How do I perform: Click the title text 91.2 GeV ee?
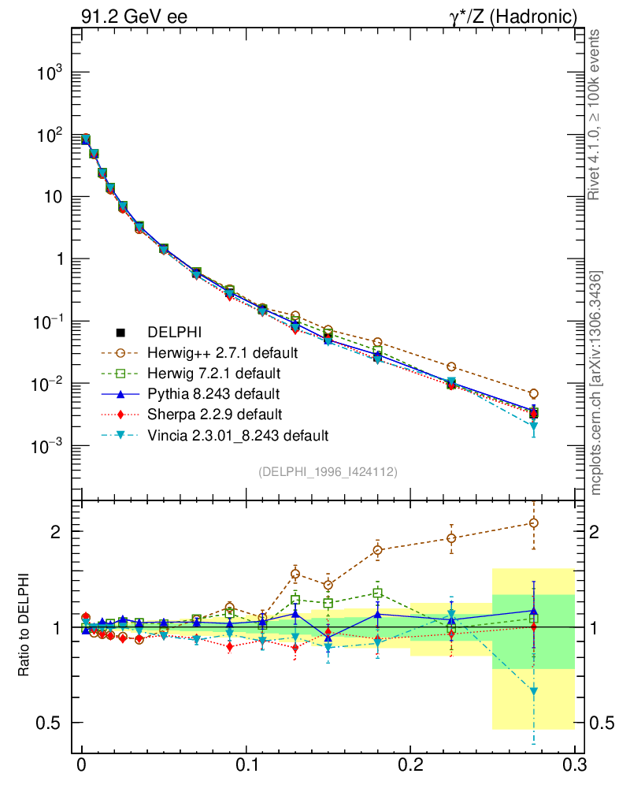pyautogui.click(x=134, y=16)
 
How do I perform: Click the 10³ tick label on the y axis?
pyautogui.click(x=49, y=73)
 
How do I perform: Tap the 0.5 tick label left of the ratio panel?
pyautogui.click(x=51, y=723)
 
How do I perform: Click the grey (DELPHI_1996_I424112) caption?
pyautogui.click(x=328, y=472)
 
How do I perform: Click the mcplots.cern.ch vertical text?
pyautogui.click(x=596, y=382)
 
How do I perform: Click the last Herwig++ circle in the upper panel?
pyautogui.click(x=534, y=393)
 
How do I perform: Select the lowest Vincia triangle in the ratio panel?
pyautogui.click(x=534, y=692)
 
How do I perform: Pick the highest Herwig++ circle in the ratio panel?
pyautogui.click(x=534, y=523)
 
